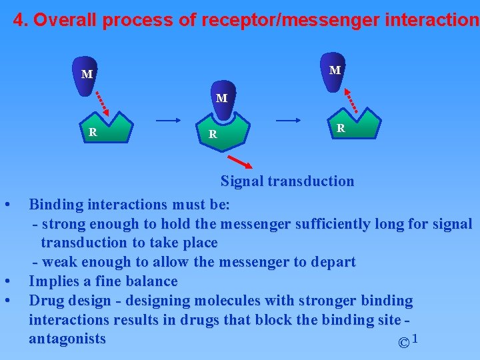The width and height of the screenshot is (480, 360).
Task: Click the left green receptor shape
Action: tap(105, 129)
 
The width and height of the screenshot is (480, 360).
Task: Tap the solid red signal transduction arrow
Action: tap(240, 162)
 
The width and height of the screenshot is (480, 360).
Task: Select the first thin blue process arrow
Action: tap(168, 121)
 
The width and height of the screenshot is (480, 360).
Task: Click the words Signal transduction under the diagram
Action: tap(287, 181)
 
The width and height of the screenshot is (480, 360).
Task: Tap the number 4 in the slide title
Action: tap(19, 20)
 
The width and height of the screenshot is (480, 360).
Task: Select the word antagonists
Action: tap(67, 339)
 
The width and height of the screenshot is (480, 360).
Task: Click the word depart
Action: tap(333, 262)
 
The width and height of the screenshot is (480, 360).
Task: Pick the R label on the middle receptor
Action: tap(212, 134)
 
